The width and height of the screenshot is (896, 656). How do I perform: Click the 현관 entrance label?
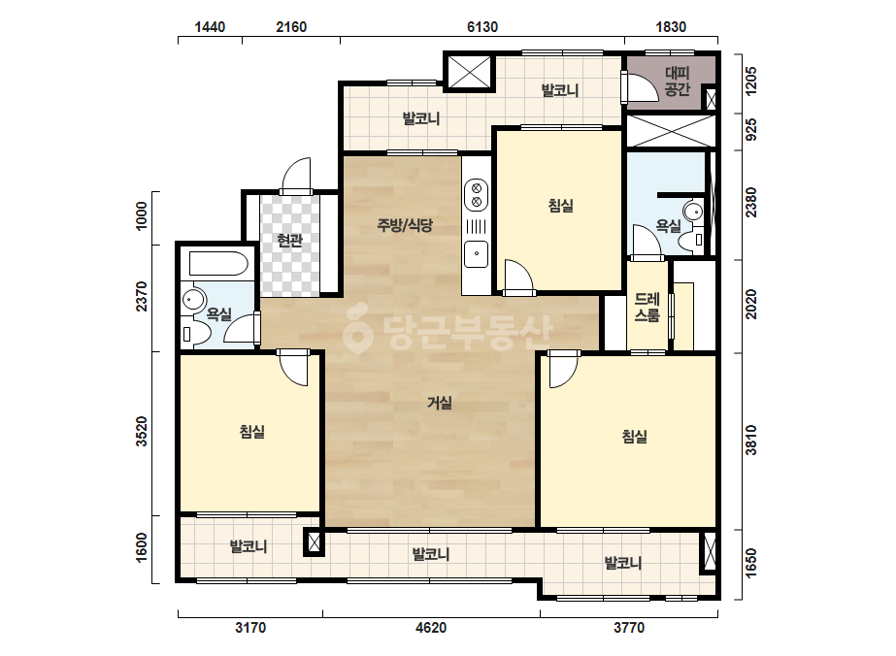coord(289,240)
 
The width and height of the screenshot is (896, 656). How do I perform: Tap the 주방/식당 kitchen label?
coord(405,225)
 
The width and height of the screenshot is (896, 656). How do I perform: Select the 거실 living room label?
coord(440,403)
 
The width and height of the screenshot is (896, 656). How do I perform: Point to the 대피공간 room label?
coord(678,82)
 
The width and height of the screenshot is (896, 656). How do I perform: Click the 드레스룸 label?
coord(647,307)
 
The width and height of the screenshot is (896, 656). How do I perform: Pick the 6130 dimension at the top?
coord(482,27)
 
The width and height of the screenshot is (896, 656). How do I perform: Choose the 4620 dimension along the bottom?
coord(431,628)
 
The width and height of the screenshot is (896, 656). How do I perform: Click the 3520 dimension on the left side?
coord(141,432)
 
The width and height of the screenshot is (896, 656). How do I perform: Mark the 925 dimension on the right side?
coord(750,130)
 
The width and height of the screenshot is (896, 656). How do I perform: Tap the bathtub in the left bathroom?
coord(218,264)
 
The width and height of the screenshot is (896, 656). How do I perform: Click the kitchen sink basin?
coord(476,253)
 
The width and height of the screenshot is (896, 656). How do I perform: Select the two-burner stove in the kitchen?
coord(476,194)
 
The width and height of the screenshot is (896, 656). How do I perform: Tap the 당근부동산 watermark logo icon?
coord(357,330)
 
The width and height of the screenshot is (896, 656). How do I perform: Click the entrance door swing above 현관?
coord(295,176)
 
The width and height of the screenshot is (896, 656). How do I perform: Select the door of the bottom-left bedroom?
coord(294,368)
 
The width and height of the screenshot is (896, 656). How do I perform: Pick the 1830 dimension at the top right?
coord(671,27)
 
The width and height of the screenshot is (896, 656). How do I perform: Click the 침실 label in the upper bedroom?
coord(560,205)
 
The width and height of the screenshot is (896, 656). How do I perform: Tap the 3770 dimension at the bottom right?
coord(629,628)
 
